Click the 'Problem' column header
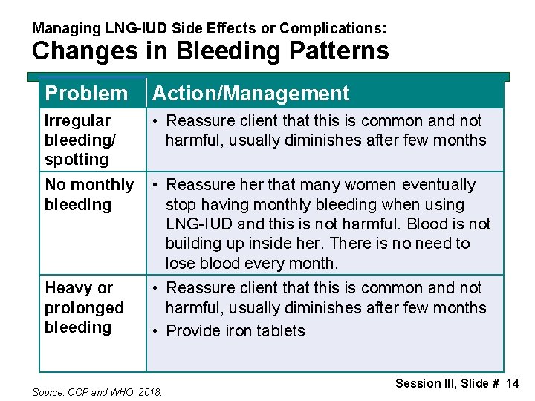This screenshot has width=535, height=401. (86, 94)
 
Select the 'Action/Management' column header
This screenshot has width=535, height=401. (250, 94)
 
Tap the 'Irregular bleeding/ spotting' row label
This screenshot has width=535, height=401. (78, 140)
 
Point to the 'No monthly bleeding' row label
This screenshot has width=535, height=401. (88, 195)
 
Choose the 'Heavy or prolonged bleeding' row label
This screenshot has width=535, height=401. (84, 307)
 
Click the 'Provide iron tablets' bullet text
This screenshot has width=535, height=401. (236, 331)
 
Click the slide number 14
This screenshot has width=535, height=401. (512, 383)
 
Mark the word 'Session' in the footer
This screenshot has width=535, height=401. (418, 383)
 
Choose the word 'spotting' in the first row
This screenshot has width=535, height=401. (77, 160)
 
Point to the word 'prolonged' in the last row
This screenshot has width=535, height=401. (84, 307)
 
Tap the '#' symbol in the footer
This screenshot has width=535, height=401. (494, 383)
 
